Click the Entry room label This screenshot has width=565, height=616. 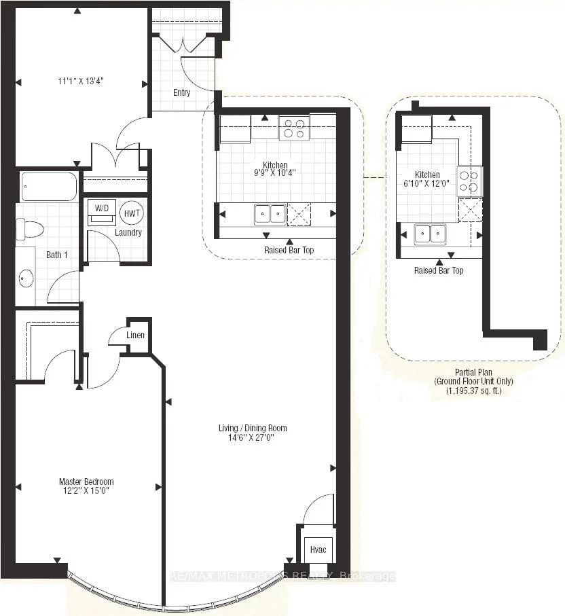click(181, 93)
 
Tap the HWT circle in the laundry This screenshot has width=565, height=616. click(130, 212)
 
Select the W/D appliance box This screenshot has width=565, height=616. click(102, 211)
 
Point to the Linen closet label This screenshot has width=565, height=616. click(135, 336)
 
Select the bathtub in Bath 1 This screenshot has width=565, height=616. click(49, 187)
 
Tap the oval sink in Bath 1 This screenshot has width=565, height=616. click(26, 277)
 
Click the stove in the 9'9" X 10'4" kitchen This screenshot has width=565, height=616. click(294, 128)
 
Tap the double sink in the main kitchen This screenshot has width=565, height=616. click(270, 214)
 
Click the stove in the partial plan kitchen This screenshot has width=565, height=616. click(470, 180)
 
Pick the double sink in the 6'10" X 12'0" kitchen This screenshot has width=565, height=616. click(430, 234)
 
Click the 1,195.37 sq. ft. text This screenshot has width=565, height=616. click(473, 391)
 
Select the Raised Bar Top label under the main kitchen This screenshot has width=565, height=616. click(289, 250)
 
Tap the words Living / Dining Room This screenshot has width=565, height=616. click(252, 428)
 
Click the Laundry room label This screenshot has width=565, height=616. click(128, 232)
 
